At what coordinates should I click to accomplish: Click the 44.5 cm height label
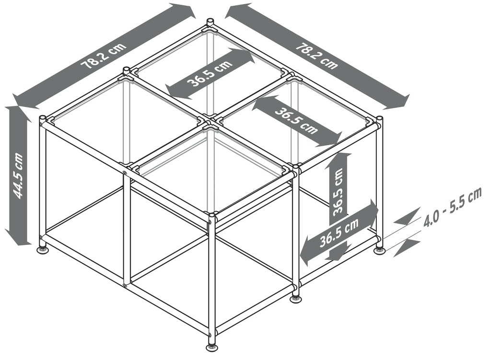pyautogui.click(x=18, y=176)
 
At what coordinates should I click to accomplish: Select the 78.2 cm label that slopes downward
pyautogui.click(x=317, y=57)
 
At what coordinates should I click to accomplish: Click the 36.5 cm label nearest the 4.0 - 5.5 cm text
pyautogui.click(x=339, y=232)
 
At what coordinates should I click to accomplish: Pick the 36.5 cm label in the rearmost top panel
pyautogui.click(x=209, y=74)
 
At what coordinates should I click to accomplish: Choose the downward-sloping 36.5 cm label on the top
pyautogui.click(x=297, y=121)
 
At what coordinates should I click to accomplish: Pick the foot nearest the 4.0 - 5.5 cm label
pyautogui.click(x=379, y=250)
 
